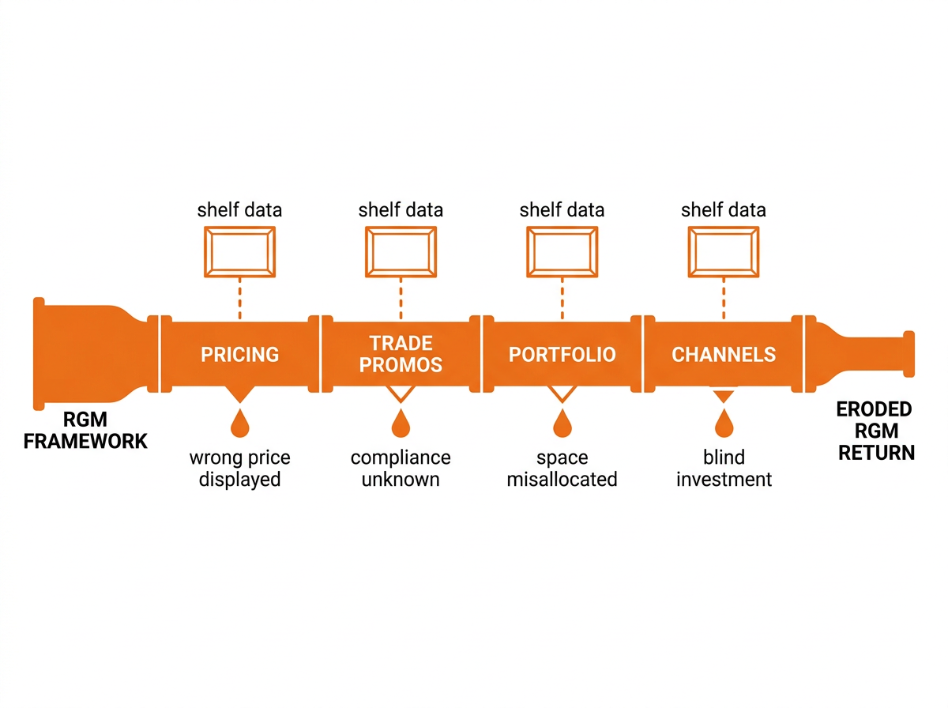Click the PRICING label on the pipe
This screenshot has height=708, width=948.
[239, 354]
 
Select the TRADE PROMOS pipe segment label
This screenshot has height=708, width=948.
[401, 354]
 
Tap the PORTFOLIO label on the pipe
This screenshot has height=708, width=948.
[562, 354]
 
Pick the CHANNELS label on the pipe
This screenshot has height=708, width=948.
[724, 354]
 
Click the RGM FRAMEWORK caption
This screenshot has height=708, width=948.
[85, 430]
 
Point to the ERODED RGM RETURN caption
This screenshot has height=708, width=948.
[876, 431]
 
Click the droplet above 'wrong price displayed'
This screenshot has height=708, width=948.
[239, 424]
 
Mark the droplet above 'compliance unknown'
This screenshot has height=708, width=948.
[401, 424]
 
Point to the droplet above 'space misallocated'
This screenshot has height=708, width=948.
[562, 424]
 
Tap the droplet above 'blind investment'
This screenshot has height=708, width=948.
[724, 424]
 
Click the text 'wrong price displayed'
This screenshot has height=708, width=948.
[239, 469]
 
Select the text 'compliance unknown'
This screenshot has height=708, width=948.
[401, 469]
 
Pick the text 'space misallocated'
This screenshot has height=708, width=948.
[562, 469]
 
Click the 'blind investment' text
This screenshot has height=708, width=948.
[724, 469]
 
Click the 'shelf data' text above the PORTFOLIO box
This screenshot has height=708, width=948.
[562, 210]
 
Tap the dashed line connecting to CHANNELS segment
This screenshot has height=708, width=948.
[724, 299]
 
